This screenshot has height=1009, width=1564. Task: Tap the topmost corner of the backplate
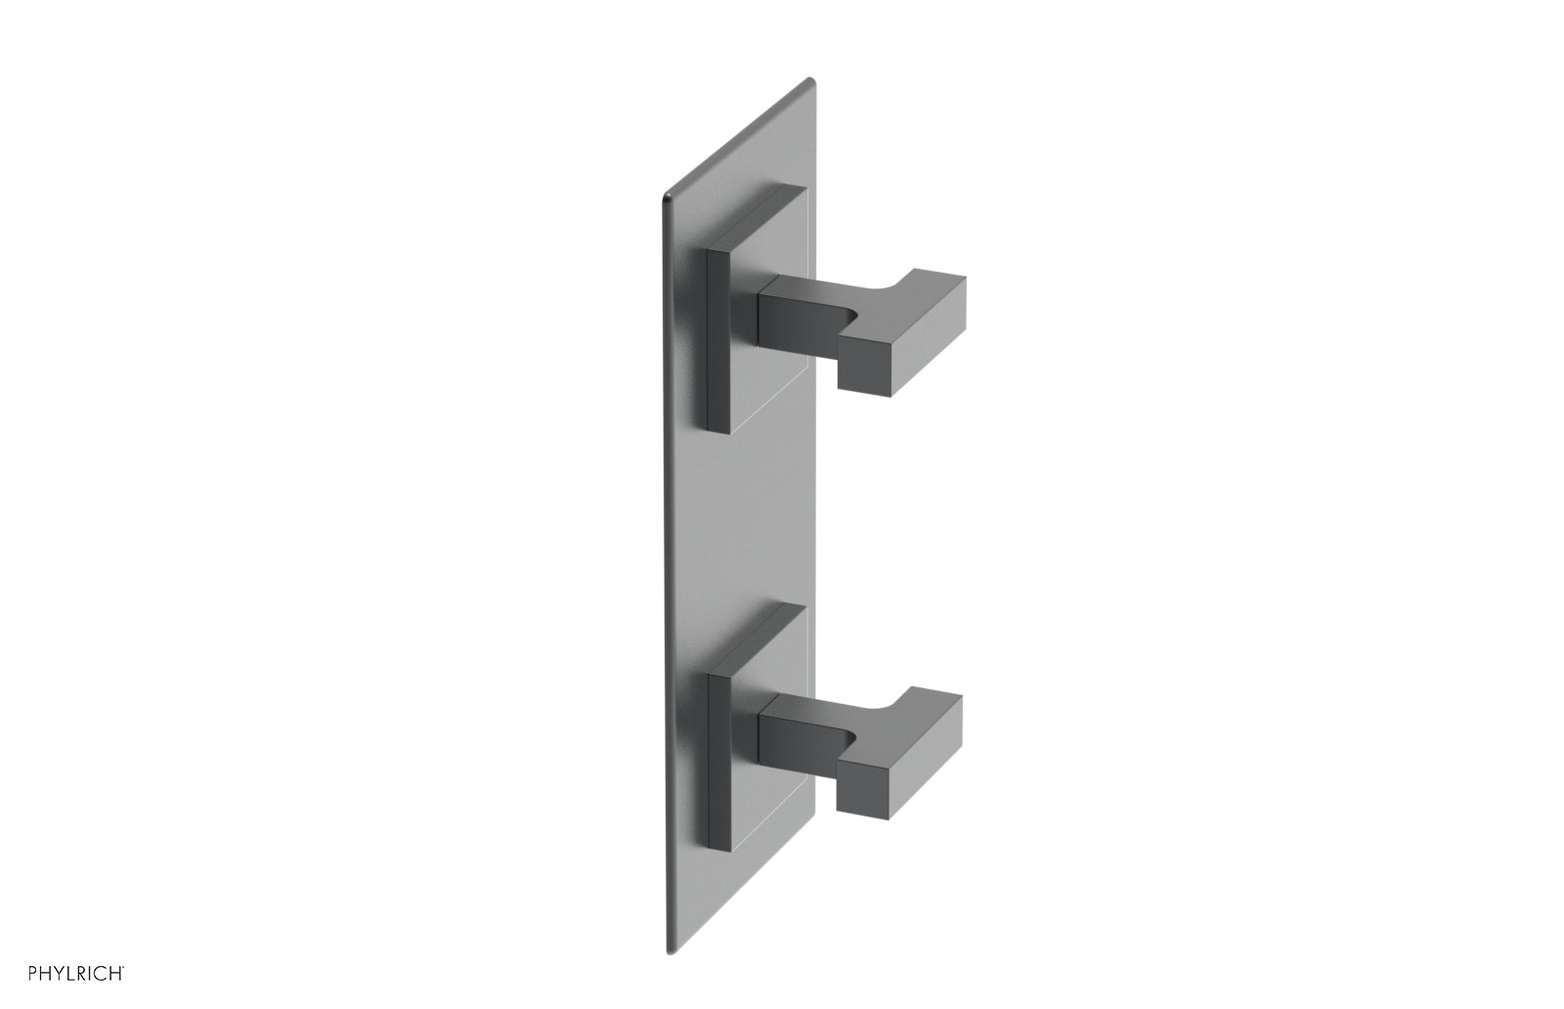(807, 80)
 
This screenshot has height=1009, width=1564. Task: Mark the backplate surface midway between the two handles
(743, 518)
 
